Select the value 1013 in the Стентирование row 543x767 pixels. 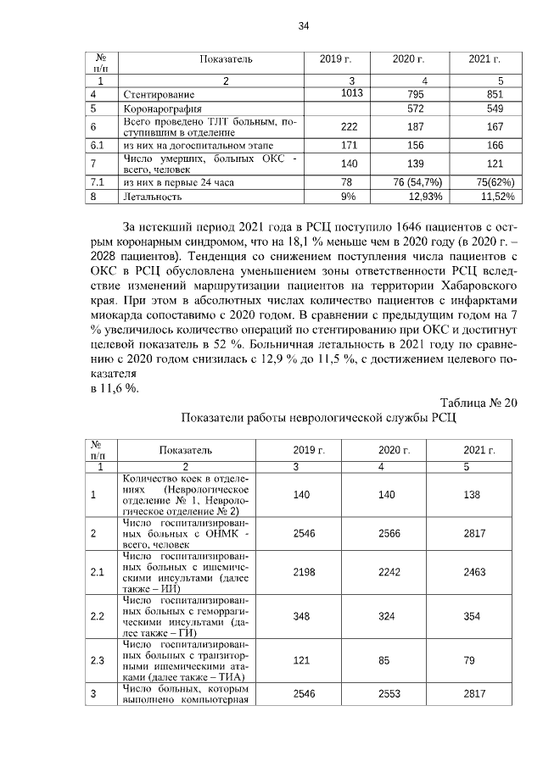click(351, 93)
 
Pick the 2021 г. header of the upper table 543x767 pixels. click(484, 59)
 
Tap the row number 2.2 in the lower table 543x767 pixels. click(97, 615)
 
